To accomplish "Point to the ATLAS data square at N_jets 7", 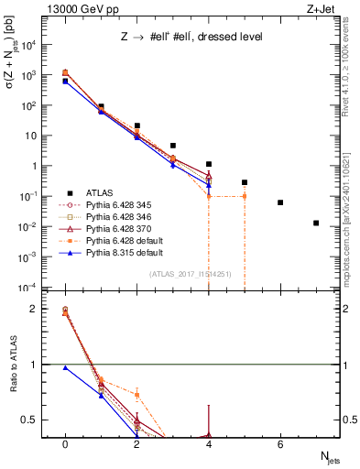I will tap(316, 223).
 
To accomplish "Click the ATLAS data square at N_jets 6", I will tap(280, 202).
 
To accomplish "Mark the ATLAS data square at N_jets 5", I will tap(245, 182).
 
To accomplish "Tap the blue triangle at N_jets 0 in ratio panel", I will tap(65, 367).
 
